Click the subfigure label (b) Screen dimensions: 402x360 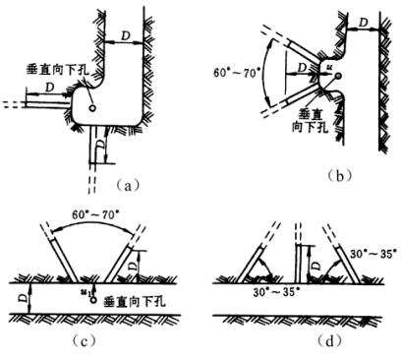click(x=340, y=176)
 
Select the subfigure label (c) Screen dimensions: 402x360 click(x=85, y=341)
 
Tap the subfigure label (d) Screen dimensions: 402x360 click(x=329, y=341)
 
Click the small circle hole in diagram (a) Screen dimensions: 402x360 click(x=92, y=107)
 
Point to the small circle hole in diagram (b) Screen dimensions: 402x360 click(x=338, y=76)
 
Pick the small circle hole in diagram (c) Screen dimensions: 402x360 click(x=94, y=300)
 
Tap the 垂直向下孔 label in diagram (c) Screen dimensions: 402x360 click(x=135, y=302)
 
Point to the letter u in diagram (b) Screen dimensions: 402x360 click(x=328, y=68)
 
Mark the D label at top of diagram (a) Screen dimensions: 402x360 click(x=126, y=35)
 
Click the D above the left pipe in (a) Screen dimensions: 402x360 click(x=49, y=88)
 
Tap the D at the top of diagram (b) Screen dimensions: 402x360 click(x=363, y=23)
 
